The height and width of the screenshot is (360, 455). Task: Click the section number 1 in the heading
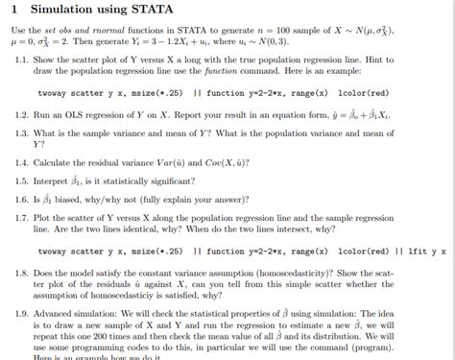[12, 10]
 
